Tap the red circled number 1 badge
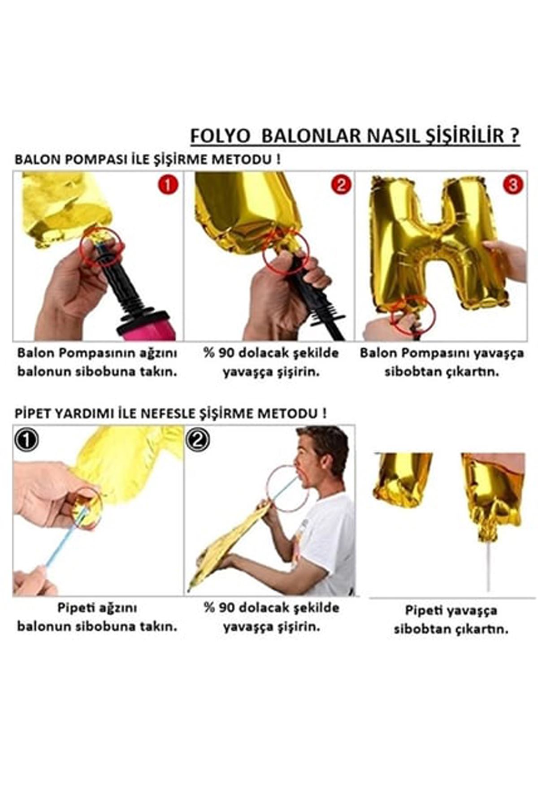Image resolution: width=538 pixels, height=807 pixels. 168,184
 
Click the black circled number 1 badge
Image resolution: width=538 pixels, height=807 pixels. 26,440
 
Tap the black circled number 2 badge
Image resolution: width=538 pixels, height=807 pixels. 198,440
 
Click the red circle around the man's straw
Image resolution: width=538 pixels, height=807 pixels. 287,488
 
